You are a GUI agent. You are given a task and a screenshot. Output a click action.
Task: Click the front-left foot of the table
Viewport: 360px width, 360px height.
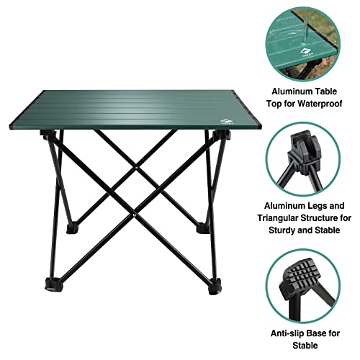pos(53,285)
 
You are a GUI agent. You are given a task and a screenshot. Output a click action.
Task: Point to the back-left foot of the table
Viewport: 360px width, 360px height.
pos(72,229)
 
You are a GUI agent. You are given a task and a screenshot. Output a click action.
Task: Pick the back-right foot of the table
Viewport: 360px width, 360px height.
pos(203,230)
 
